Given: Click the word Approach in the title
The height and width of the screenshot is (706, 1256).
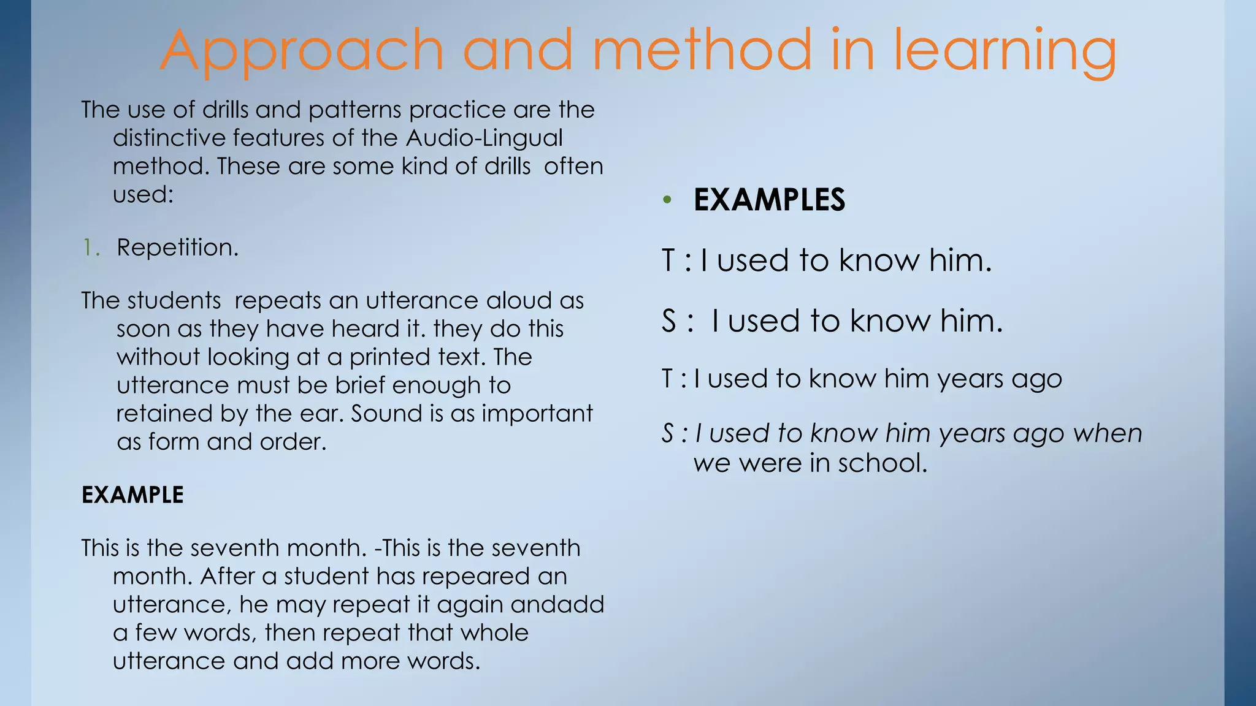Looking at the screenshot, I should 302,51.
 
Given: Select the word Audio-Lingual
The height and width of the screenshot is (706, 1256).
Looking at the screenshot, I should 484,138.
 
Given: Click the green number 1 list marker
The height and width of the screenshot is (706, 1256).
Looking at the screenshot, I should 91,248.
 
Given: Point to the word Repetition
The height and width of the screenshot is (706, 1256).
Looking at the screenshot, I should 177,248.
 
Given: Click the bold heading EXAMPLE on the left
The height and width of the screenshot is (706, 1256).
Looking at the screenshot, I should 132,495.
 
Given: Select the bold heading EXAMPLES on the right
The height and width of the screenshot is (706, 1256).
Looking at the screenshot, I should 769,200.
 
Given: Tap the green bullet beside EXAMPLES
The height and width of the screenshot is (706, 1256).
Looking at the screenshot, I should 667,200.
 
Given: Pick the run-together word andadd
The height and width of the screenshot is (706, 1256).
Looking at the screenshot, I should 557,605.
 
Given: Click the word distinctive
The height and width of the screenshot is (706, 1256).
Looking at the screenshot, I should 169,138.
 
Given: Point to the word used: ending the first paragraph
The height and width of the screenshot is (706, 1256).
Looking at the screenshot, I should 144,194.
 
